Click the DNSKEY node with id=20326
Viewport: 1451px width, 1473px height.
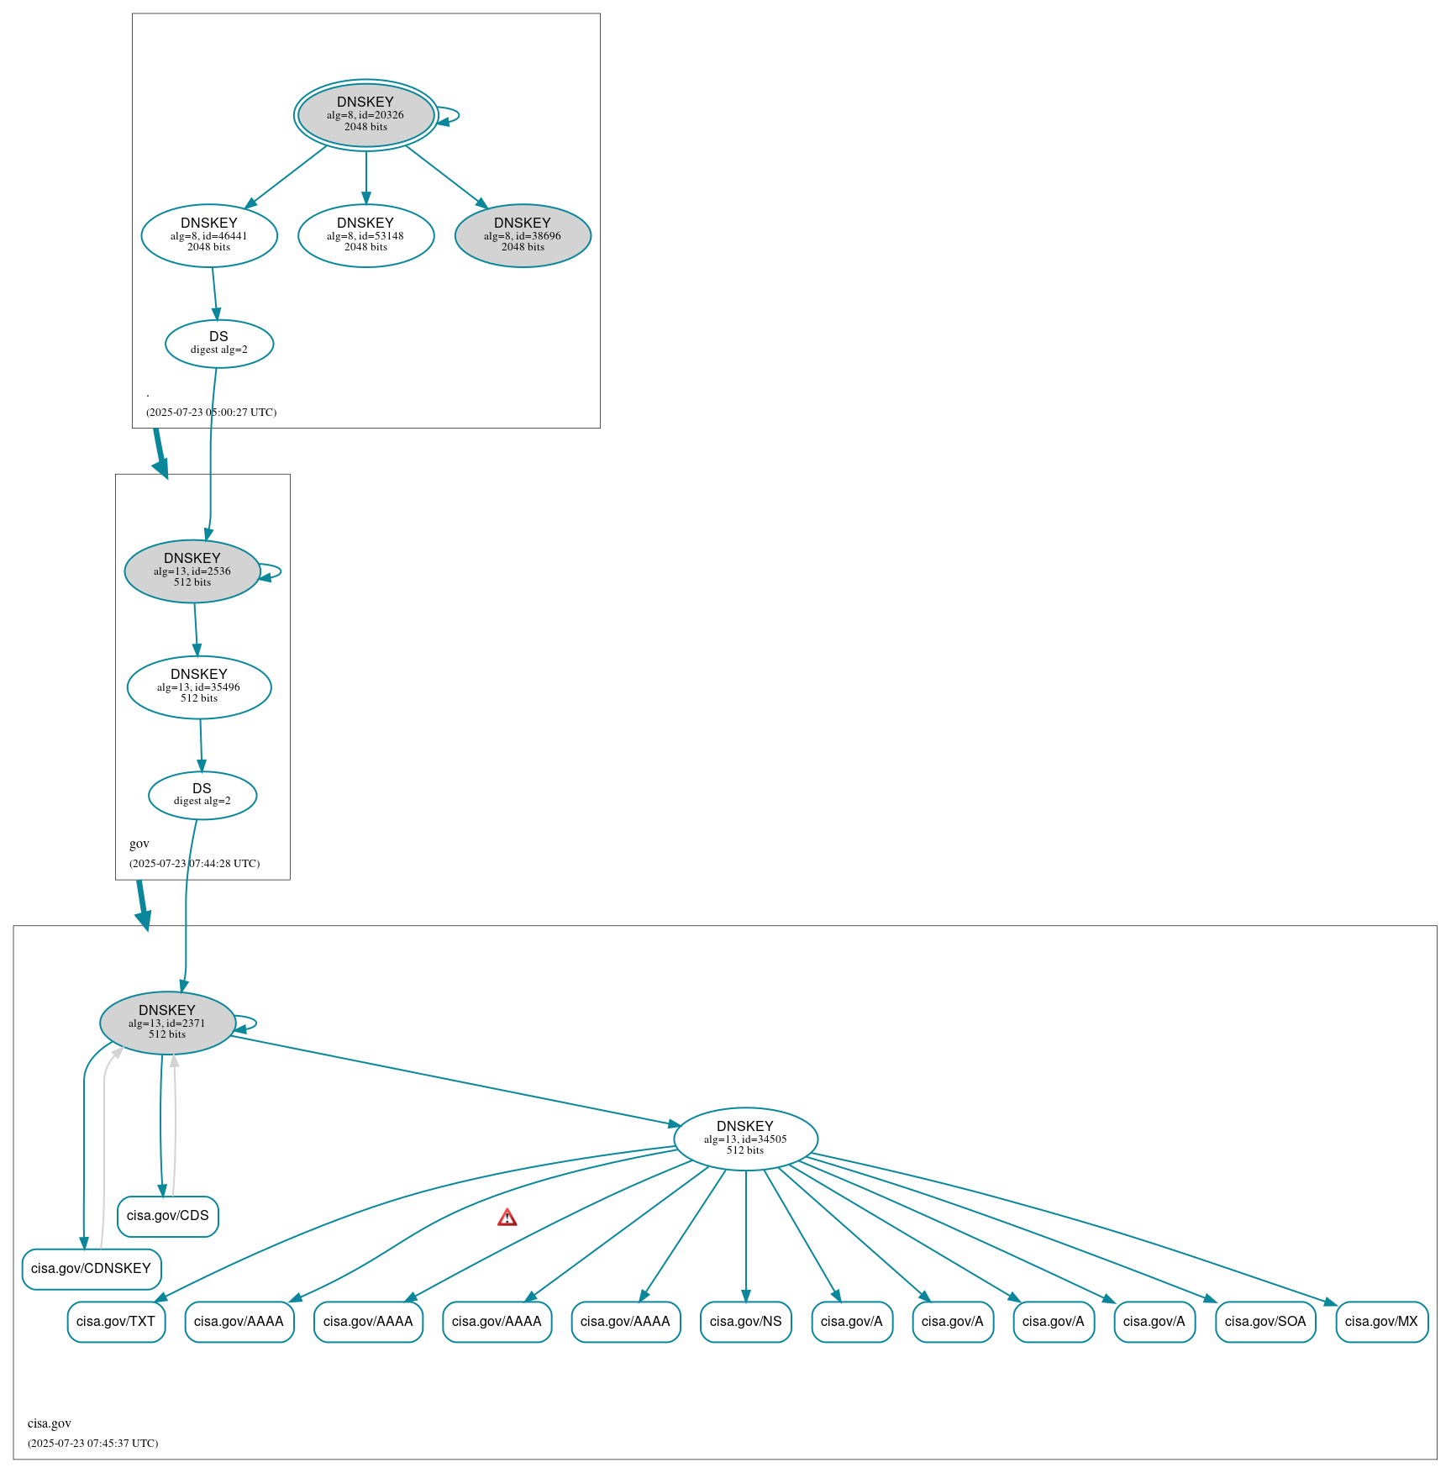click(x=365, y=115)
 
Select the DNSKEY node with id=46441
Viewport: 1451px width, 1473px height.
click(x=209, y=235)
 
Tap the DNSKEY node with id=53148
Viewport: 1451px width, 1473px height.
click(x=365, y=235)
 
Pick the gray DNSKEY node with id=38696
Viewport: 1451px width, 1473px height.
click(x=523, y=235)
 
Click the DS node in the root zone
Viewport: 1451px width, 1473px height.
click(x=218, y=343)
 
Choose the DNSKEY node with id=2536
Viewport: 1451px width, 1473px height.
click(x=192, y=571)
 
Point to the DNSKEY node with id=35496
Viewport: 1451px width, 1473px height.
click(x=199, y=687)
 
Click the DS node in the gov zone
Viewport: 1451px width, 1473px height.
click(x=202, y=795)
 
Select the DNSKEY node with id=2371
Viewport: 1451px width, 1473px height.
click(x=167, y=1023)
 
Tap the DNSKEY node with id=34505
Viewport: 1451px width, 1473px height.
click(x=745, y=1139)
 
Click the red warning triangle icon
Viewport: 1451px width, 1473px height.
click(x=507, y=1218)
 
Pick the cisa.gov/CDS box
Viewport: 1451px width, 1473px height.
click(x=167, y=1216)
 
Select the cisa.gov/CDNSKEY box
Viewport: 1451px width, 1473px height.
click(x=91, y=1269)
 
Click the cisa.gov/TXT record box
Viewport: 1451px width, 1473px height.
click(x=116, y=1322)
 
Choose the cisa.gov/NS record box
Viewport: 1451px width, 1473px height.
click(x=745, y=1322)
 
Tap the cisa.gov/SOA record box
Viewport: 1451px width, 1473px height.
click(x=1264, y=1322)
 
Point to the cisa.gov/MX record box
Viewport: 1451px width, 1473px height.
click(x=1381, y=1322)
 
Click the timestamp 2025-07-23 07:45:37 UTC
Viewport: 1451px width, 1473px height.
click(x=93, y=1444)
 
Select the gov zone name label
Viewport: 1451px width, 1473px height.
click(x=139, y=844)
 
